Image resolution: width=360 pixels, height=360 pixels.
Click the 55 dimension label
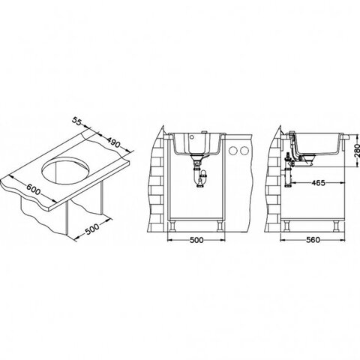click(77, 121)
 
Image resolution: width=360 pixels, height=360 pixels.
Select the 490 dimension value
click(114, 142)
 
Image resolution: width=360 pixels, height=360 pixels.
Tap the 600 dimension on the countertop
click(33, 189)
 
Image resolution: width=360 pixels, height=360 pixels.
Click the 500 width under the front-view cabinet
click(196, 240)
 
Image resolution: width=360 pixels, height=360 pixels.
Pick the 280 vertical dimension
click(357, 150)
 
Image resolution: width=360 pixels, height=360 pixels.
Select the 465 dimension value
click(318, 183)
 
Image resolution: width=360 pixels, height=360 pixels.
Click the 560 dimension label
click(313, 240)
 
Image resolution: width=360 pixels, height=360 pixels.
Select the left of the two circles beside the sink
click(233, 151)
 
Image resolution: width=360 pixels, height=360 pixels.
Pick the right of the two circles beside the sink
click(244, 151)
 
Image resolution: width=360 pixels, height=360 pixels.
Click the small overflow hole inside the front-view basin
click(192, 137)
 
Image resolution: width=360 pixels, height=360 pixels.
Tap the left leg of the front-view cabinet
click(172, 226)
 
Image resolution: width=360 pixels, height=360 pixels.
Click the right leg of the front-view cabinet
click(220, 226)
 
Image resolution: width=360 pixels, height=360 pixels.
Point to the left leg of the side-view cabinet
click(286, 226)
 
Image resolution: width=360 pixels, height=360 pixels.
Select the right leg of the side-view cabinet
click(336, 226)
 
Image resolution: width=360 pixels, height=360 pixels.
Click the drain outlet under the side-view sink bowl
click(307, 160)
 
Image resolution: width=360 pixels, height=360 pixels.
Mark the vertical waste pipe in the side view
click(288, 172)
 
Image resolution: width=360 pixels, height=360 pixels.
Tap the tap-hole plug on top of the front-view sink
click(204, 132)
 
